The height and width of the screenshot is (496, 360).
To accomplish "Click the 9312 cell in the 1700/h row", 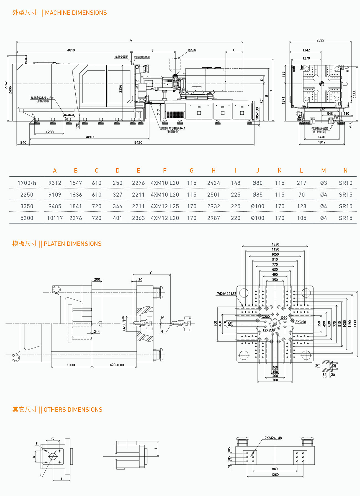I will point(55,183).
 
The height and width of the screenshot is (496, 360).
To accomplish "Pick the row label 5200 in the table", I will point(27,218).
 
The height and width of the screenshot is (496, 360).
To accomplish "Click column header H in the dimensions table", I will point(214,171).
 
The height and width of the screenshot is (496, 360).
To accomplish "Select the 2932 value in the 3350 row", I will point(214,206).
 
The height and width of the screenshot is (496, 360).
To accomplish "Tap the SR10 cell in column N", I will point(345,183).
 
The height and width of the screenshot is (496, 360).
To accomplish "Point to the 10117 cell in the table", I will point(55,218).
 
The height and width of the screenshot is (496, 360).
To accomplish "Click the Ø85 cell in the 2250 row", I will point(257,195).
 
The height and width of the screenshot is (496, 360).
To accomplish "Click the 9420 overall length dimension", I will point(138,143).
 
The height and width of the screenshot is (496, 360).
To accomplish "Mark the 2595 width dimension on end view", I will point(320,40).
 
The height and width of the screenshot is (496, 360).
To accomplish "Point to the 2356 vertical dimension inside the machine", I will point(120,89).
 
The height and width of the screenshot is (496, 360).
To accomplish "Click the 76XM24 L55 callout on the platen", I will point(227,294).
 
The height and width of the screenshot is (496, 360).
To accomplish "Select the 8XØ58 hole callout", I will point(300,322).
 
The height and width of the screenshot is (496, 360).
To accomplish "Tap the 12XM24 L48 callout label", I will point(272,438).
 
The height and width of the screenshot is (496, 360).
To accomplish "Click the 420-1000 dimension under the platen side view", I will point(117,365).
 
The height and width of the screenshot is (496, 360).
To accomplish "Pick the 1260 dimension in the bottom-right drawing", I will point(275,475).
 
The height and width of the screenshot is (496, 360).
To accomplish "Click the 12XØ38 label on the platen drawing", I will point(268,330).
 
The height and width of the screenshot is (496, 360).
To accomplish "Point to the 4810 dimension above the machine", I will point(71,50).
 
